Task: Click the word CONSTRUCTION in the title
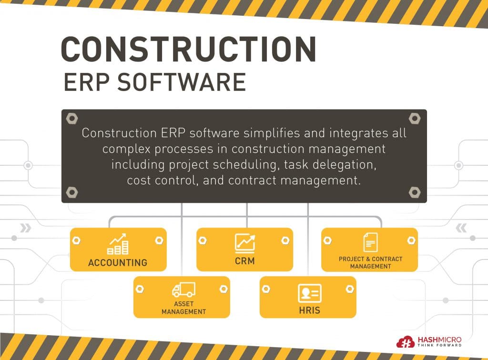coord(188,49)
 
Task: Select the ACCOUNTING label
coord(118,262)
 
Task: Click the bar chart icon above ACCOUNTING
coord(118,244)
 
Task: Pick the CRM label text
coord(244,261)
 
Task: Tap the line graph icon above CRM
coord(244,242)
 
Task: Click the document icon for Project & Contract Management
coord(370,242)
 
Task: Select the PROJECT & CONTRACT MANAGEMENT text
coord(370,262)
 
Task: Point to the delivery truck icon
coord(183,290)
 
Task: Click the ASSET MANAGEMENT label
coord(183,308)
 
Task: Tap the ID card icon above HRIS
coord(310,292)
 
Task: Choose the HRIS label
coord(310,310)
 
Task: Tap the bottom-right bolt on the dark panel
coord(415,192)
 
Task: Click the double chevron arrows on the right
coord(461,228)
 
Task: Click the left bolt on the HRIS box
coord(266,288)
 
